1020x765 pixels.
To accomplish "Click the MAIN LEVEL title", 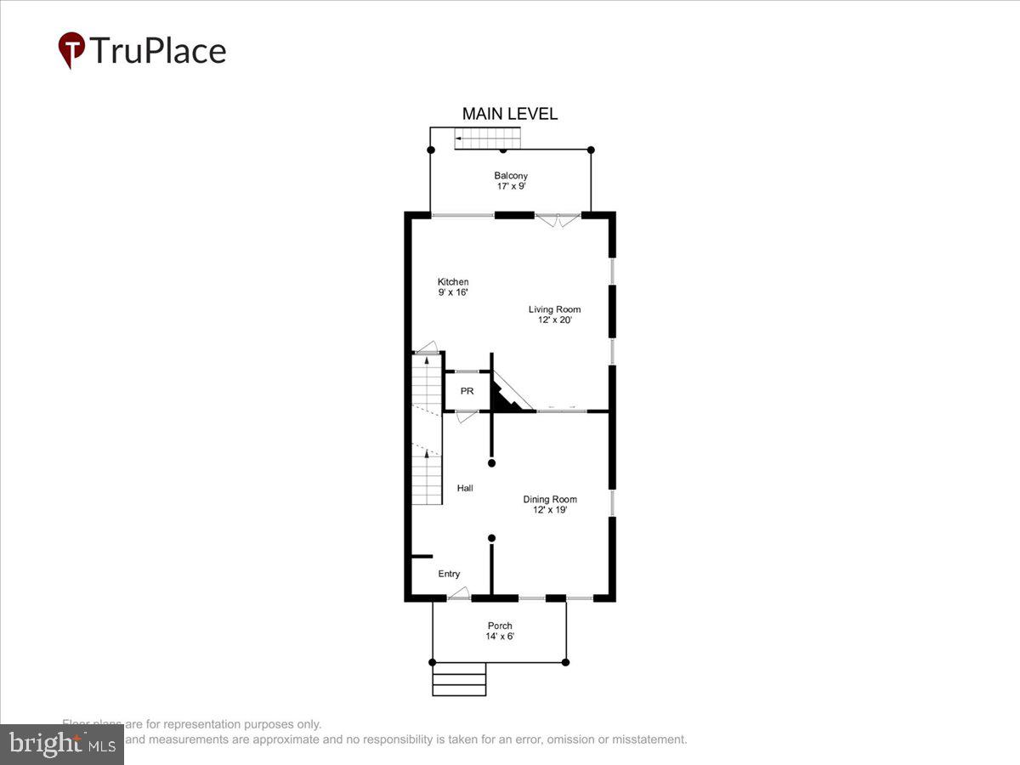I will [509, 114].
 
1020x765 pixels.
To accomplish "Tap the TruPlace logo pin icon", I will [71, 49].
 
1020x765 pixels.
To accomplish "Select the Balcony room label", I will [511, 176].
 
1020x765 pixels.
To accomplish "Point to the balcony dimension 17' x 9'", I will [511, 186].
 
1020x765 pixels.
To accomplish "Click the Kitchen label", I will [453, 282].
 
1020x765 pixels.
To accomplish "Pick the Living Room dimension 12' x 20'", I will [554, 320].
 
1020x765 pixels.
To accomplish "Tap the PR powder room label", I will [467, 392].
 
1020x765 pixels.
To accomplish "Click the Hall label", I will [465, 488].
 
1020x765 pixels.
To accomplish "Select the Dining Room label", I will [550, 500].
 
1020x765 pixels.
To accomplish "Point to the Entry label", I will [449, 575].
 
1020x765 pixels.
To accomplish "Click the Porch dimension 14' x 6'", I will [500, 637].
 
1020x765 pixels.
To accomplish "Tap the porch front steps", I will [459, 679].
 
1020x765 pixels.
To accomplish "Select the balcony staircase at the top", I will [486, 138].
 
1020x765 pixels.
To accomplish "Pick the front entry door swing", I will [459, 593].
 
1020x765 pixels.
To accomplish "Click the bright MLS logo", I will [61, 745].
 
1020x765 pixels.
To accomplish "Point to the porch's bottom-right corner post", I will [565, 662].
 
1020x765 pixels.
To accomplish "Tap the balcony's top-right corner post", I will [591, 150].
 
